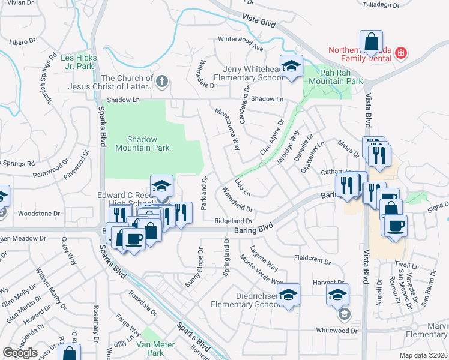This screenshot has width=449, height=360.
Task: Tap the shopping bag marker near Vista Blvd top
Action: point(372,43)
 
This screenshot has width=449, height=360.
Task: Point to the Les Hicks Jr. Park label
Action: point(77,62)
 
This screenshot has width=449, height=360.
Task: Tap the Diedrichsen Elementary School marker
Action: point(289,295)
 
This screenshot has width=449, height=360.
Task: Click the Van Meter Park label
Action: point(155,349)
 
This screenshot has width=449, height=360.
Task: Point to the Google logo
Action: point(20,353)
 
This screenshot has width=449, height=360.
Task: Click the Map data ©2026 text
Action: point(423,355)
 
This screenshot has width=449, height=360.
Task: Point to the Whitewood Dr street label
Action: point(337,330)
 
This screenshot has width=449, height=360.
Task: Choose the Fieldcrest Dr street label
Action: point(313,260)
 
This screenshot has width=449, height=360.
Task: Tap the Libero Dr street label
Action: point(23,42)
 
